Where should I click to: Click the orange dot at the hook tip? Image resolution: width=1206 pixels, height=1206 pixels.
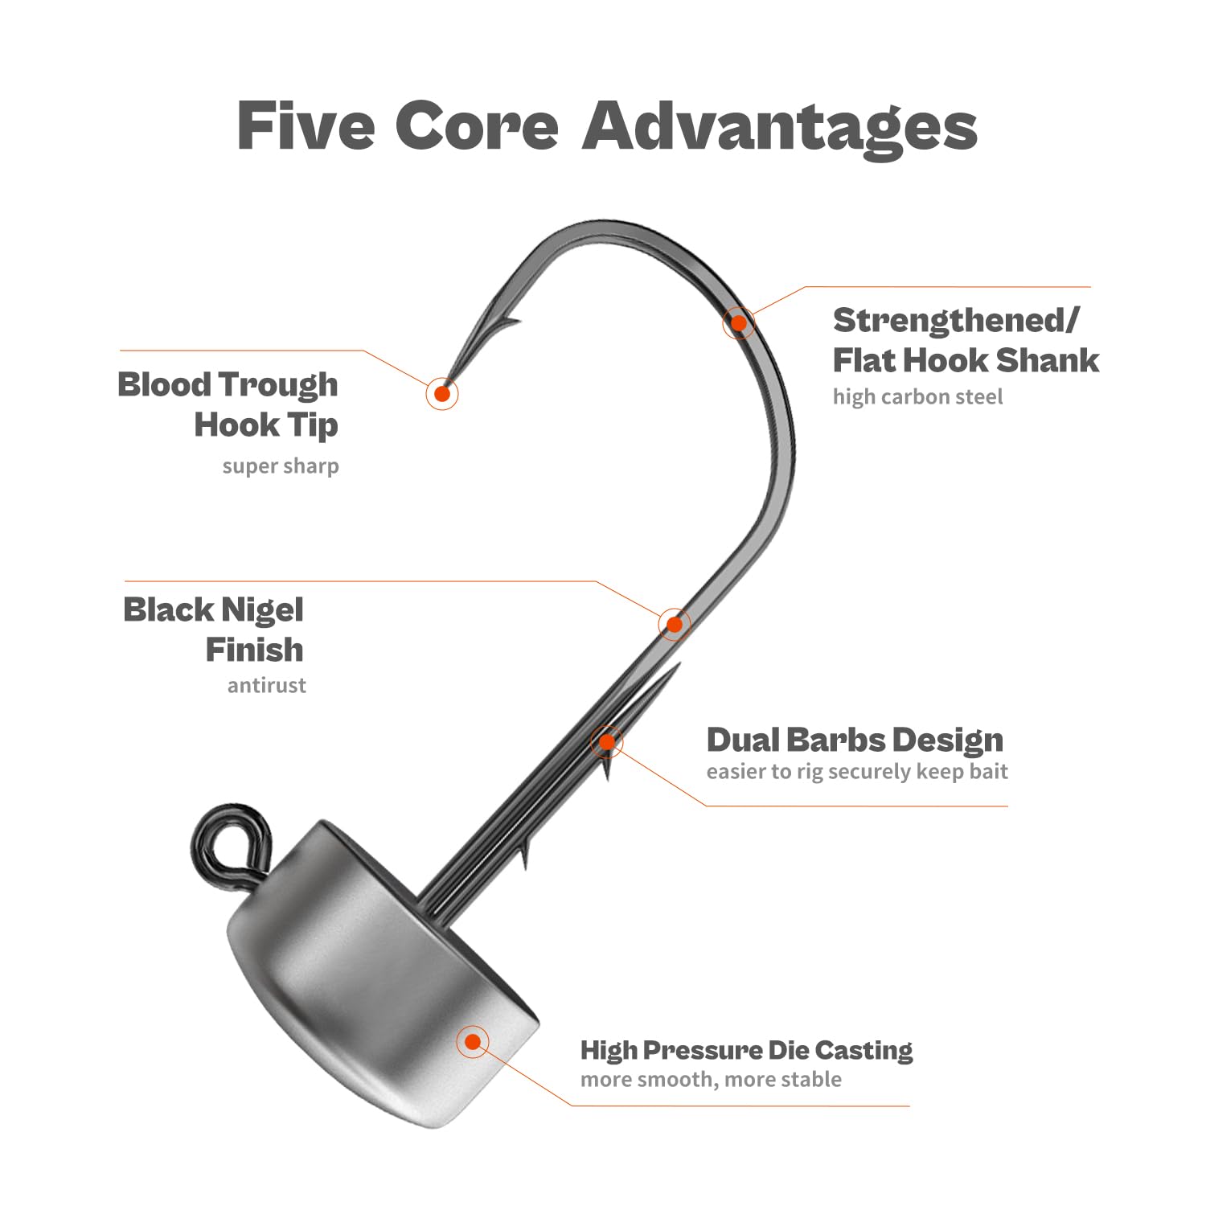point(441,393)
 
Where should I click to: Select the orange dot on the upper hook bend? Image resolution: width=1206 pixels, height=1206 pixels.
point(738,323)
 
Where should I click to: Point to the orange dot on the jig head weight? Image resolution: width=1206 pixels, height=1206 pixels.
point(473,1042)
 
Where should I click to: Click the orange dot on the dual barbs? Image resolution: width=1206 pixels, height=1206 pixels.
point(607,741)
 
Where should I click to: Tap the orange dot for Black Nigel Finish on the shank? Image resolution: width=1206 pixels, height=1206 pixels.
point(675,624)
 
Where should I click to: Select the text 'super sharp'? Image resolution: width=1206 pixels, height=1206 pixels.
point(281,466)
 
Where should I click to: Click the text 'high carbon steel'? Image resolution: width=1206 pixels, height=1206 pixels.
point(917,396)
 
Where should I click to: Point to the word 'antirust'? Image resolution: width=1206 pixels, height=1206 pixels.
point(266,685)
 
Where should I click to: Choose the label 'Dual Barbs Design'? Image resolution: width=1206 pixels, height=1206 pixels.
point(855,740)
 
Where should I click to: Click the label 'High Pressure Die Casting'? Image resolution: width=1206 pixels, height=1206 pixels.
point(747,1050)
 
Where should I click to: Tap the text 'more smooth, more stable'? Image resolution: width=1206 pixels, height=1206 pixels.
point(711,1079)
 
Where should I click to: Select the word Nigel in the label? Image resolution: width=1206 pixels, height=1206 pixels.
point(262,611)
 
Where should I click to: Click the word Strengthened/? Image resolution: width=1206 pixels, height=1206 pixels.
point(957,321)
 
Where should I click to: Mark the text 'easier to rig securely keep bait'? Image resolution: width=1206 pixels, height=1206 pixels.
point(857,772)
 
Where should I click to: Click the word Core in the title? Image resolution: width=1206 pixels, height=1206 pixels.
point(477,126)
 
